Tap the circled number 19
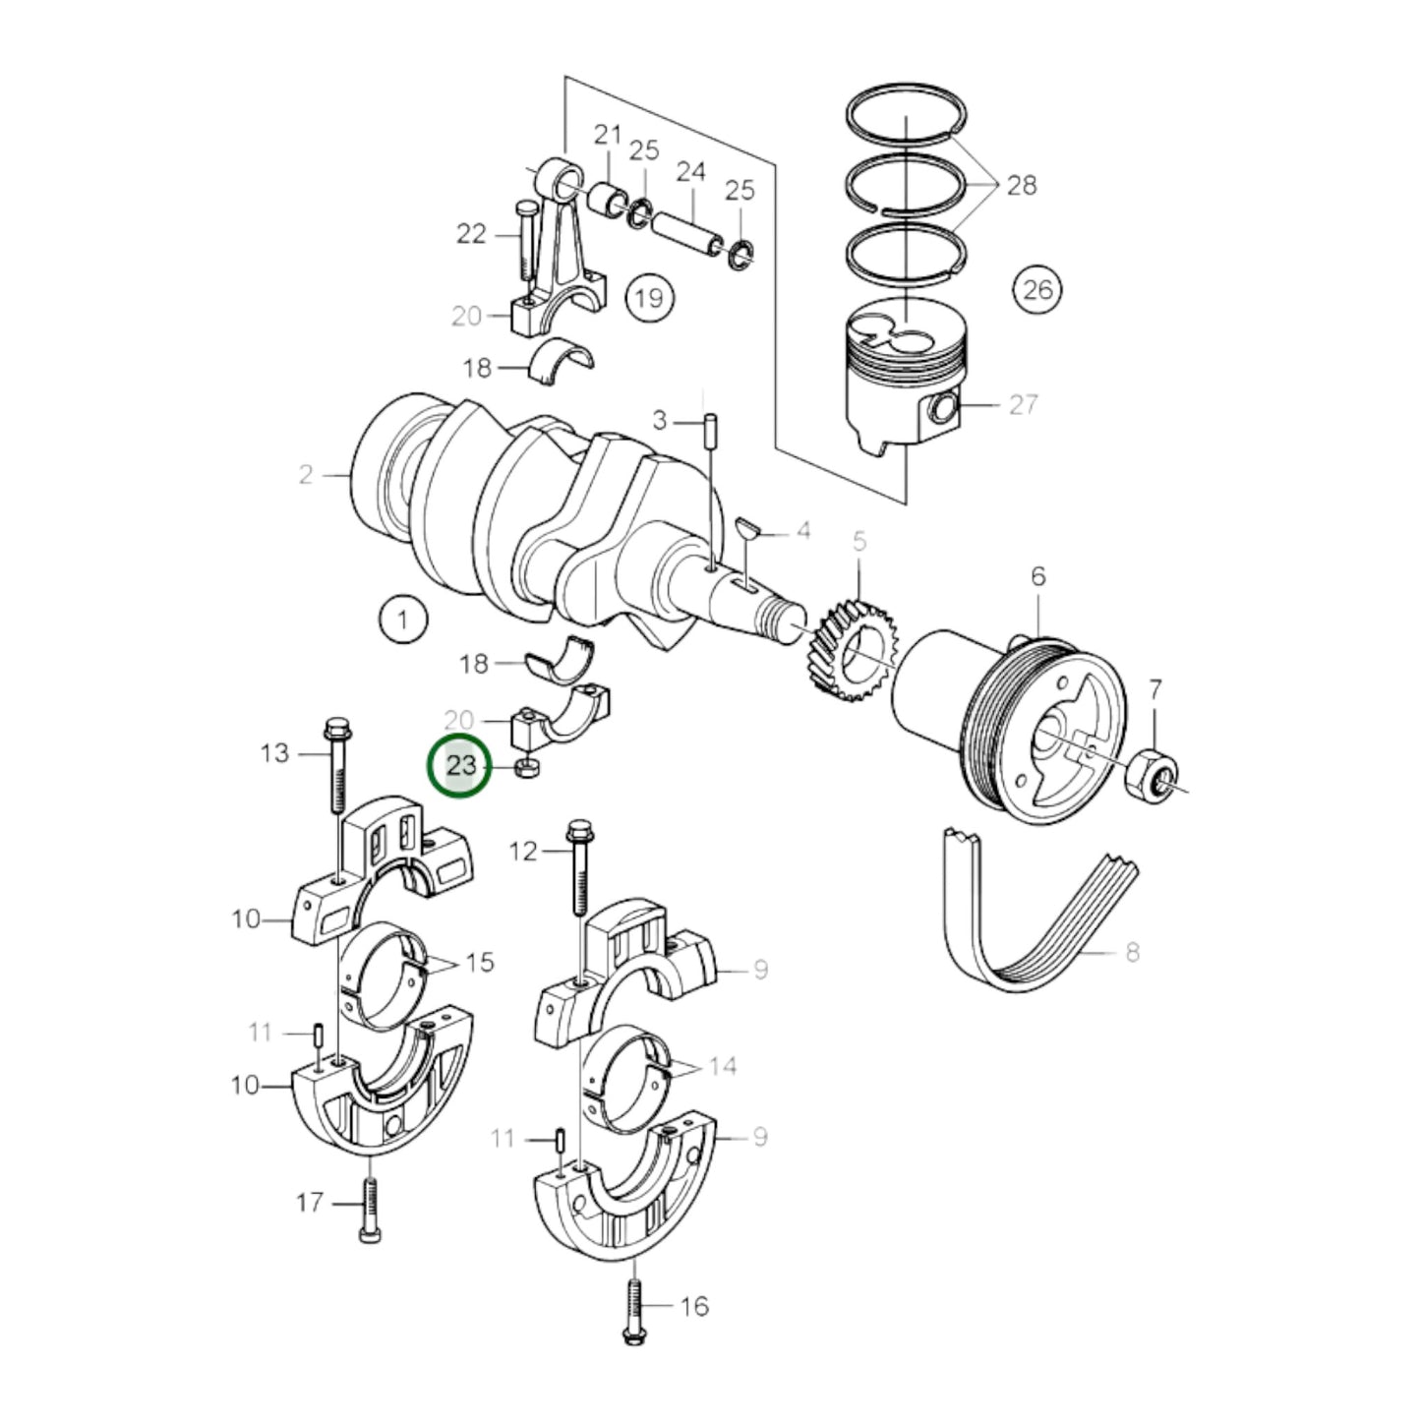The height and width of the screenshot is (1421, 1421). click(x=649, y=299)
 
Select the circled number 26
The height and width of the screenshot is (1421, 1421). click(x=1037, y=289)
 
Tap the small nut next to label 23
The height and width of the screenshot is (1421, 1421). click(x=527, y=768)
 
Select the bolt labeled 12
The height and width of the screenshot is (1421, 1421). click(x=579, y=867)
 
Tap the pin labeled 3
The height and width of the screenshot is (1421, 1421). click(x=710, y=429)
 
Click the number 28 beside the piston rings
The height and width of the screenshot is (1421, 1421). click(x=1022, y=185)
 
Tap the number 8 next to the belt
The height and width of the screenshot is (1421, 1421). click(x=1132, y=951)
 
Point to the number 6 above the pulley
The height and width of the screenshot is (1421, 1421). click(x=1037, y=576)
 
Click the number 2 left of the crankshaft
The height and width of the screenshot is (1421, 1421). click(x=305, y=474)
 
